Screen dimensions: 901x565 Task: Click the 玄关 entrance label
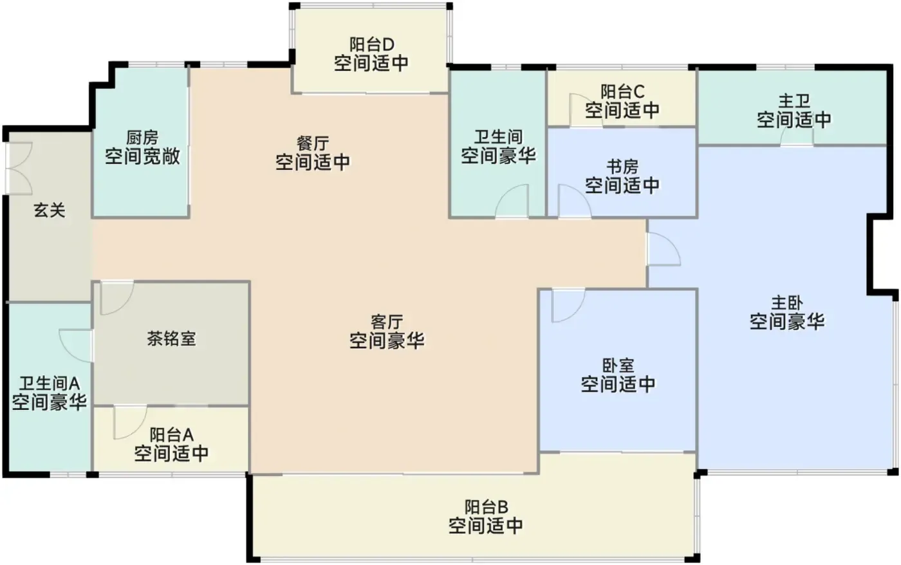(49, 210)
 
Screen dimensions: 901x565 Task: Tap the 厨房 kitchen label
(142, 138)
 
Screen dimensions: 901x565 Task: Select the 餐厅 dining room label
(313, 144)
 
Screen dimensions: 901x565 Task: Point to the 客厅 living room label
(387, 322)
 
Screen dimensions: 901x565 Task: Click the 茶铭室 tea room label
(171, 338)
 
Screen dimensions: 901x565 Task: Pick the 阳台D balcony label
(371, 44)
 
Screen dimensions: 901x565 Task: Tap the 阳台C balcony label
(622, 91)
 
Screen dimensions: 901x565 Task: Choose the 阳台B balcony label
(487, 507)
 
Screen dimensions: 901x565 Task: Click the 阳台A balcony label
(171, 435)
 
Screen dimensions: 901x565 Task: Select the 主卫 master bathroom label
(794, 101)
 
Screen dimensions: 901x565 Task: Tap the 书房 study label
(622, 166)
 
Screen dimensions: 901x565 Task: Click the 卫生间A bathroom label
(50, 384)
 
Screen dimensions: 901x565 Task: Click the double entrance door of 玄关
(19, 169)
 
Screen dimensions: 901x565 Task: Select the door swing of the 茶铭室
(116, 298)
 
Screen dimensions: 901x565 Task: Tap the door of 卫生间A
(77, 346)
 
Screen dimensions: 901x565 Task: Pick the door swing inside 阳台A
(130, 422)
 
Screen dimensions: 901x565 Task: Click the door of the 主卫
(797, 135)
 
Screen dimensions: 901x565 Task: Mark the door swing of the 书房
(575, 201)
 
